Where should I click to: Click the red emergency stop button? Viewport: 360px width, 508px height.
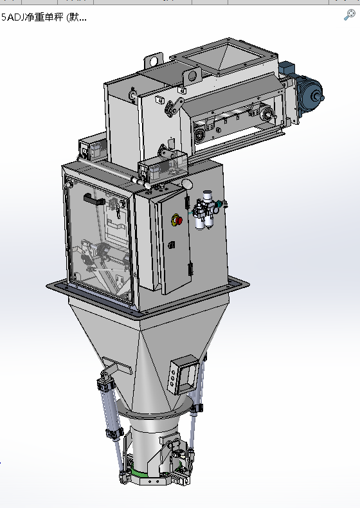[177, 221]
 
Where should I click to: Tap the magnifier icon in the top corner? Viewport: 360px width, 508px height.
[349, 15]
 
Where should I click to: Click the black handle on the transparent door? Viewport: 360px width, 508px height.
[94, 199]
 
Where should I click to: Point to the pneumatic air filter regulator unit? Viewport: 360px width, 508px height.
[206, 210]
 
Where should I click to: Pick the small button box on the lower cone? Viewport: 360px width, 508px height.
[183, 374]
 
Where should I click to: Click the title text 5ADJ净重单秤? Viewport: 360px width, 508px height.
[32, 17]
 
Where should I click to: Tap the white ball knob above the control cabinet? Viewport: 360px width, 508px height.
[187, 184]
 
